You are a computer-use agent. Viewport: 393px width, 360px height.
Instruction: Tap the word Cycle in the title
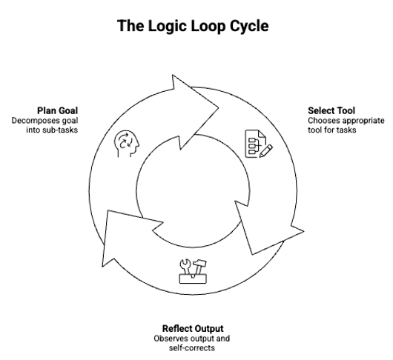pyautogui.click(x=249, y=27)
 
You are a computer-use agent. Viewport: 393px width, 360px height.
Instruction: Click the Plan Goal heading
pyautogui.click(x=57, y=110)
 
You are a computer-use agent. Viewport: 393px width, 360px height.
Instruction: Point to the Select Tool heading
pyautogui.click(x=331, y=110)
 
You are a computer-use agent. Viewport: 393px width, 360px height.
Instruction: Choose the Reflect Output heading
pyautogui.click(x=193, y=328)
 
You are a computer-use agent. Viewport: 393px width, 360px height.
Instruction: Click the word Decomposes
pyautogui.click(x=32, y=121)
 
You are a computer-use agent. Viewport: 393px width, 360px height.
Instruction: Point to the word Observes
pyautogui.click(x=171, y=339)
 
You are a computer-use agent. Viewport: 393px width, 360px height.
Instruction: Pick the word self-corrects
pyautogui.click(x=192, y=348)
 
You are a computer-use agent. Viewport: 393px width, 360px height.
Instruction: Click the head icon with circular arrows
pyautogui.click(x=127, y=144)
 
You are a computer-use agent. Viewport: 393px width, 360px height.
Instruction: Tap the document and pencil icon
pyautogui.click(x=259, y=144)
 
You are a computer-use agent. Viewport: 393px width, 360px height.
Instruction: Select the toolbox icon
pyautogui.click(x=193, y=271)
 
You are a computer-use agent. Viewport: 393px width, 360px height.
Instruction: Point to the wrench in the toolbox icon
pyautogui.click(x=186, y=267)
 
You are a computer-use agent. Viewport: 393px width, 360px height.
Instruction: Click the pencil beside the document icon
pyautogui.click(x=266, y=151)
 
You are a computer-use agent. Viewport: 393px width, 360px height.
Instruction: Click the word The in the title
pyautogui.click(x=131, y=25)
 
